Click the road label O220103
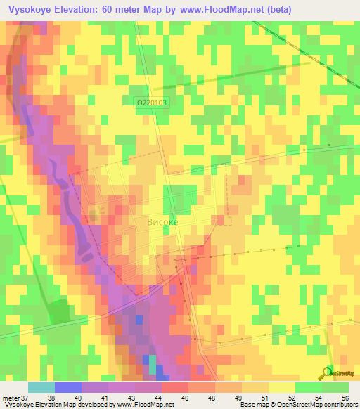pyautogui.click(x=151, y=103)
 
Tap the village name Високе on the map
pyautogui.click(x=162, y=221)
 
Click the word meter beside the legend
pyautogui.click(x=10, y=397)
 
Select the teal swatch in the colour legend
pyautogui.click(x=41, y=387)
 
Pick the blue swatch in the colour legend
pyautogui.click(x=68, y=387)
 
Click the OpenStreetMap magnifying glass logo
pyautogui.click(x=327, y=372)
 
